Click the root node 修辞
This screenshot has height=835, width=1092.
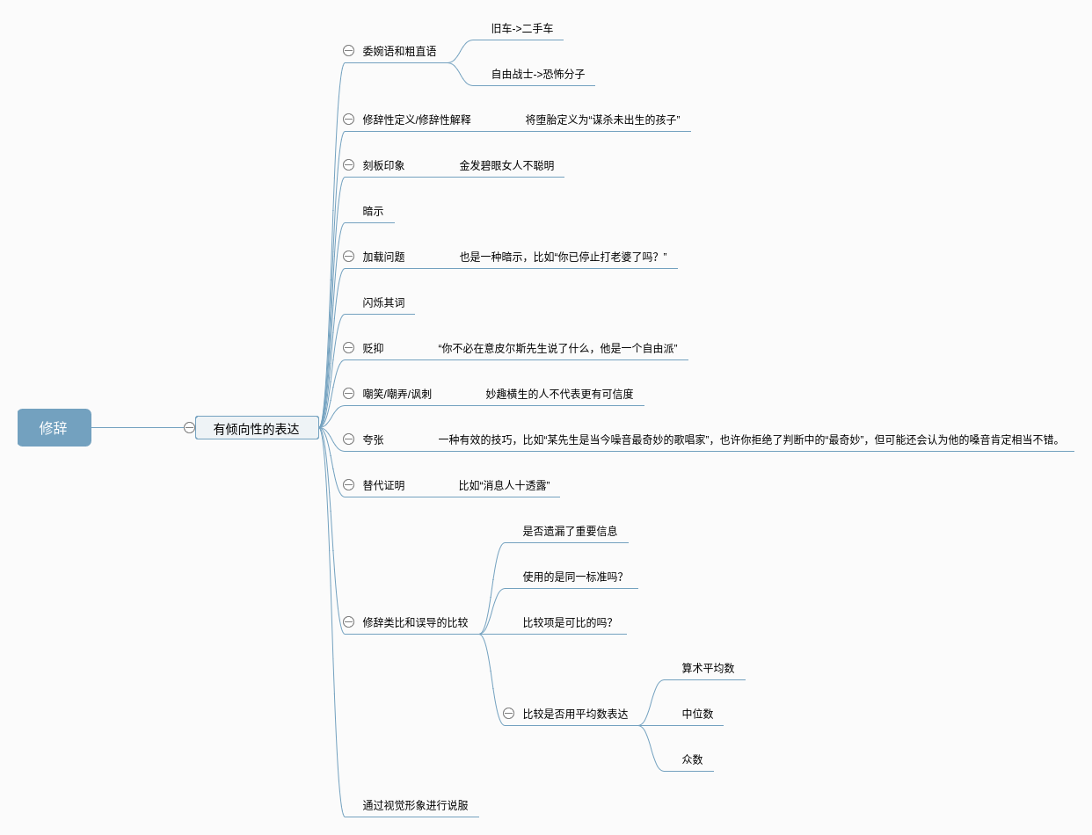54,428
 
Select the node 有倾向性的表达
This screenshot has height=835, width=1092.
257,429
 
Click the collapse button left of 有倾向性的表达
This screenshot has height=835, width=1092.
189,428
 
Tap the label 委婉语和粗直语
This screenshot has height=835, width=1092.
399,51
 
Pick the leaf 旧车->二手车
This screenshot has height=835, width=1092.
522,28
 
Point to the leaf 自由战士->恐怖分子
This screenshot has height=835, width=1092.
538,74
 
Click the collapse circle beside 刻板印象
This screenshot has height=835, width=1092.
348,165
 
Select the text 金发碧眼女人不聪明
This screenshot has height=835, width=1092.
506,165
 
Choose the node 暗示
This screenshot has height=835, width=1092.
373,211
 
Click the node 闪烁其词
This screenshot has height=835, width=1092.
383,302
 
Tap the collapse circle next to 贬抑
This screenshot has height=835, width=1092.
348,348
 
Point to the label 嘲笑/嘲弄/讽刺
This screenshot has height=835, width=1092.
397,394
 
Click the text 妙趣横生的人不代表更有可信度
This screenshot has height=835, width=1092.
559,394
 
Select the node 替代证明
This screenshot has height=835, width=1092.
383,485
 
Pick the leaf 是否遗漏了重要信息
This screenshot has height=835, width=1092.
570,531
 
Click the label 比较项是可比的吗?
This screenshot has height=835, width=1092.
568,622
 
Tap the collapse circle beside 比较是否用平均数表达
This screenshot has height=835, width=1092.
508,714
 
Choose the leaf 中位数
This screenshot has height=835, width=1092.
697,714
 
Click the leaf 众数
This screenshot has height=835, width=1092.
692,759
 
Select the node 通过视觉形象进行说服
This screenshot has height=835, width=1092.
415,805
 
